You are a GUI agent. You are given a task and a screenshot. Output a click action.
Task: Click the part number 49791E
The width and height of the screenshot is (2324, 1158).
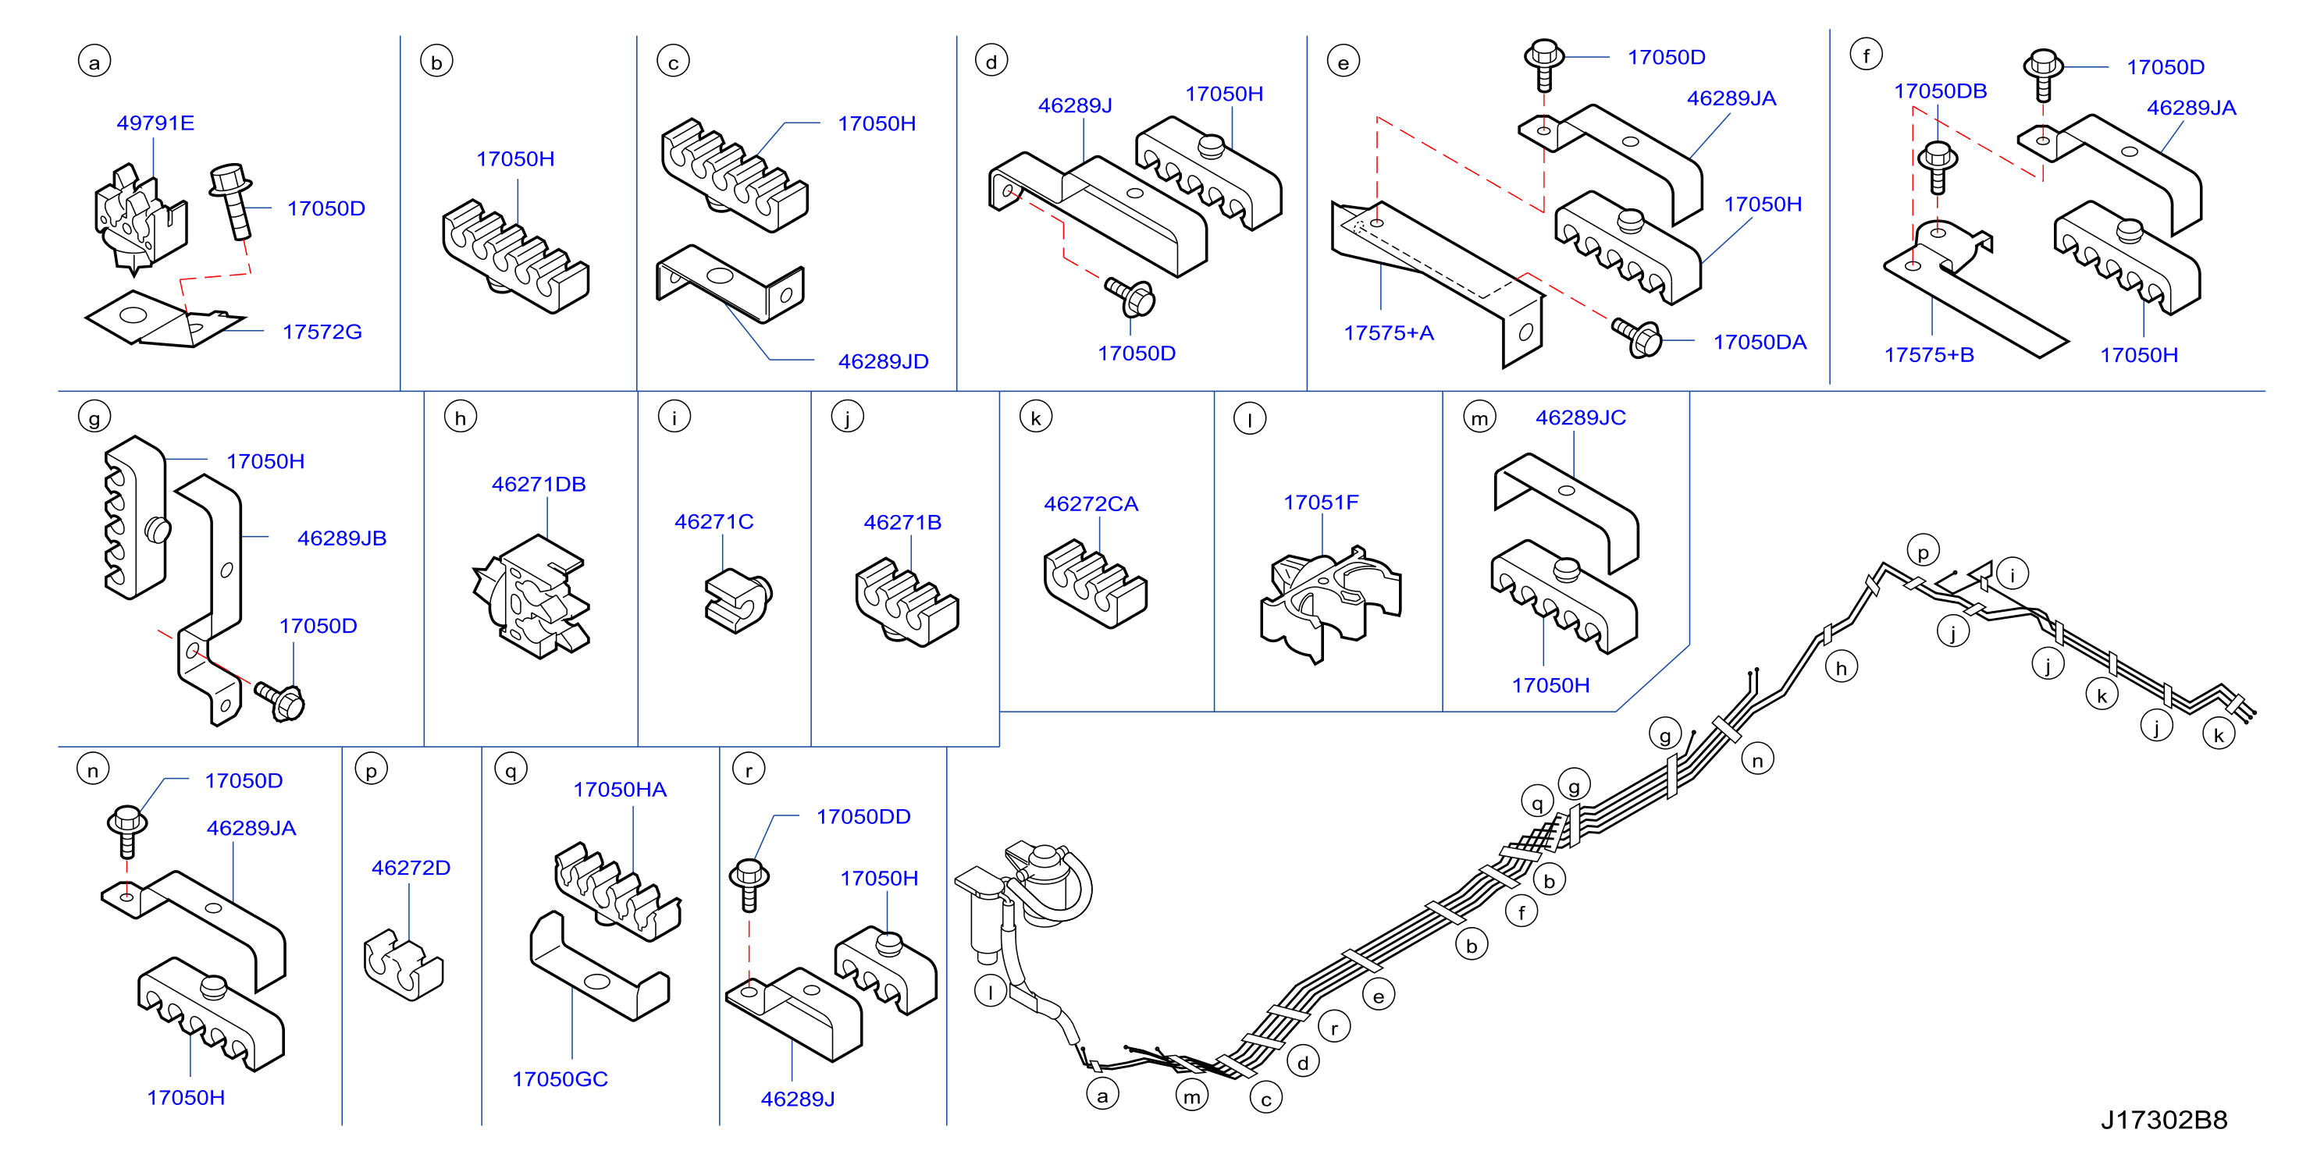pos(155,123)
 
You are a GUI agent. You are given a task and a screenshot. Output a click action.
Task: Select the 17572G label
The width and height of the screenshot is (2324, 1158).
pos(322,332)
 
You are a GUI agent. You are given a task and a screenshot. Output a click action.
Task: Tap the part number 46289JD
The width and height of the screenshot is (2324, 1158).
pos(883,361)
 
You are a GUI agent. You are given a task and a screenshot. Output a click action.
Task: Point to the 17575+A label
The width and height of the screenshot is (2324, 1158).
pos(1389,332)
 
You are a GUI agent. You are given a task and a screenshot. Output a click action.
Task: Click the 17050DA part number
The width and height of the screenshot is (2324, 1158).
pos(1760,342)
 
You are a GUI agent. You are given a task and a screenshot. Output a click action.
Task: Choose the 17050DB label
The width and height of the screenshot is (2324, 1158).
pos(1941,91)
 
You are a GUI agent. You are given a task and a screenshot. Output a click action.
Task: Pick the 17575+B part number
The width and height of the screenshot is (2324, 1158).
pos(1929,354)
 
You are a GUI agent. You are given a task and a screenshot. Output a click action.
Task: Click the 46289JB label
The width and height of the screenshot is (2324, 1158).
pos(342,538)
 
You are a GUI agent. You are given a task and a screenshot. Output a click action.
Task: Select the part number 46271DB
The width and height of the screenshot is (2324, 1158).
pos(539,485)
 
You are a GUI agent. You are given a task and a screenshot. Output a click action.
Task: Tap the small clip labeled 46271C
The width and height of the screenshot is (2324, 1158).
pos(738,599)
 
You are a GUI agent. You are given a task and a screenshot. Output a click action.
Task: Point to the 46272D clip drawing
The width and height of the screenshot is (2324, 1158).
pos(404,966)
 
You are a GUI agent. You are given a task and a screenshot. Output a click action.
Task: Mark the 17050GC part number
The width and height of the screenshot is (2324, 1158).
pos(561,1078)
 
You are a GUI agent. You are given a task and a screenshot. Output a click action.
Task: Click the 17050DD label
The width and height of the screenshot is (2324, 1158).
pos(863,816)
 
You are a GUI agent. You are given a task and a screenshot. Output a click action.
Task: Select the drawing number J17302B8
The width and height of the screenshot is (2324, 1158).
pos(2164,1119)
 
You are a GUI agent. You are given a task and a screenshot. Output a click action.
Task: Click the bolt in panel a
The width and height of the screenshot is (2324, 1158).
pos(233,201)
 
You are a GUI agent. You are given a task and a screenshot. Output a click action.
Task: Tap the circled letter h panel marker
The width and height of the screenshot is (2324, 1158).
pos(460,417)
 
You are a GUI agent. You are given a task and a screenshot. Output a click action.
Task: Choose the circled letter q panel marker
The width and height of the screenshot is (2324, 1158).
pos(511,770)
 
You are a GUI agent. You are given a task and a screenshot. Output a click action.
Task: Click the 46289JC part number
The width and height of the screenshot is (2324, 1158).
pos(1581,417)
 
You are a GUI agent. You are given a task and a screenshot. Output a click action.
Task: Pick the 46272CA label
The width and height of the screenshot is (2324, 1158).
pos(1091,504)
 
